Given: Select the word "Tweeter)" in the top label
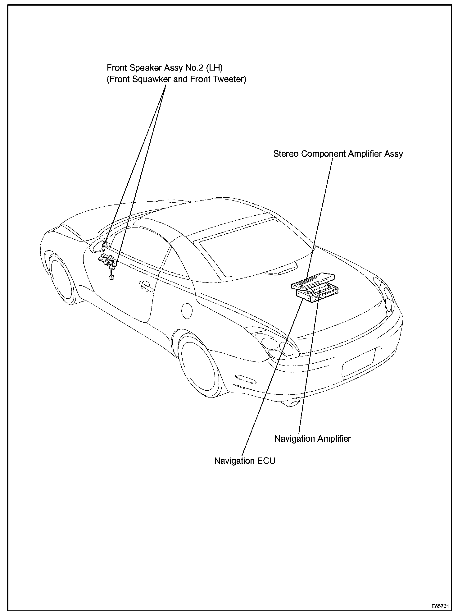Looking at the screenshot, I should [x=229, y=80].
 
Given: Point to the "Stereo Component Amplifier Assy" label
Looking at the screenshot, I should [x=338, y=154].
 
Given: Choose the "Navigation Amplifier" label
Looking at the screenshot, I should [x=312, y=439].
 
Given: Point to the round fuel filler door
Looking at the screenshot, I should [x=187, y=310].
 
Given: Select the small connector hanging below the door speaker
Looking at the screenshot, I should [x=111, y=277].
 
